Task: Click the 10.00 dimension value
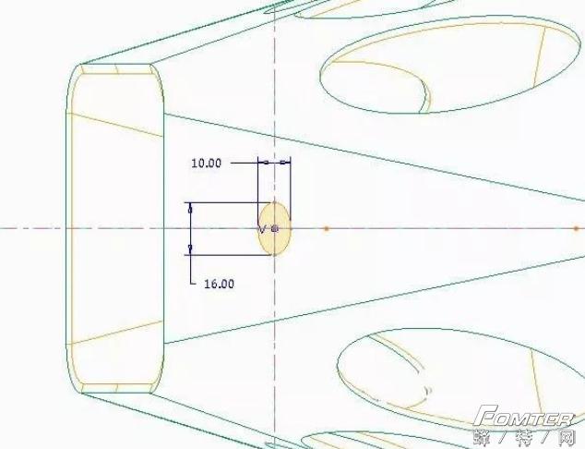(206, 164)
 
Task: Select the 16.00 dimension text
(220, 284)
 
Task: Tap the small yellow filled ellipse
(275, 228)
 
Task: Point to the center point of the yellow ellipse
(275, 228)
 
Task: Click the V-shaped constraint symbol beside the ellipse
(262, 229)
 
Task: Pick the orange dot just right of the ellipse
(327, 228)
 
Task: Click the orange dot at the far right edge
(576, 228)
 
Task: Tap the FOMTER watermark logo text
(524, 416)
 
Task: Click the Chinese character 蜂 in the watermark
(483, 437)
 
